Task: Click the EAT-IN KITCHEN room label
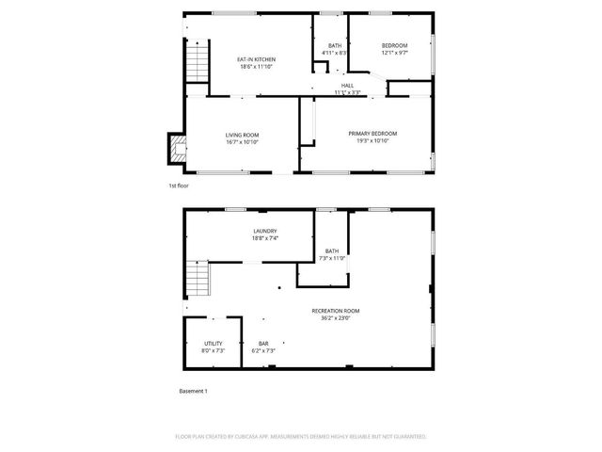pyautogui.click(x=256, y=59)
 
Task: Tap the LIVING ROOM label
pyautogui.click(x=242, y=135)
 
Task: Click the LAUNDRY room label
pyautogui.click(x=264, y=231)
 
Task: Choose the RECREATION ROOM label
pyautogui.click(x=336, y=311)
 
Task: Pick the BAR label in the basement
pyautogui.click(x=264, y=343)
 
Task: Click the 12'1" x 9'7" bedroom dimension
pyautogui.click(x=394, y=53)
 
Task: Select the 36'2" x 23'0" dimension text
pyautogui.click(x=336, y=317)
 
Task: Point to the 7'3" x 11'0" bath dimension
pyautogui.click(x=332, y=257)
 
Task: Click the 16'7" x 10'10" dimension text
pyautogui.click(x=242, y=141)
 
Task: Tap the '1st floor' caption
pyautogui.click(x=179, y=186)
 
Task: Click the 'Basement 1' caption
pyautogui.click(x=193, y=390)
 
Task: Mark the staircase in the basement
pyautogui.click(x=196, y=282)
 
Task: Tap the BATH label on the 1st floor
pyautogui.click(x=335, y=46)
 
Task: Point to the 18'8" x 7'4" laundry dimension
pyautogui.click(x=264, y=237)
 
